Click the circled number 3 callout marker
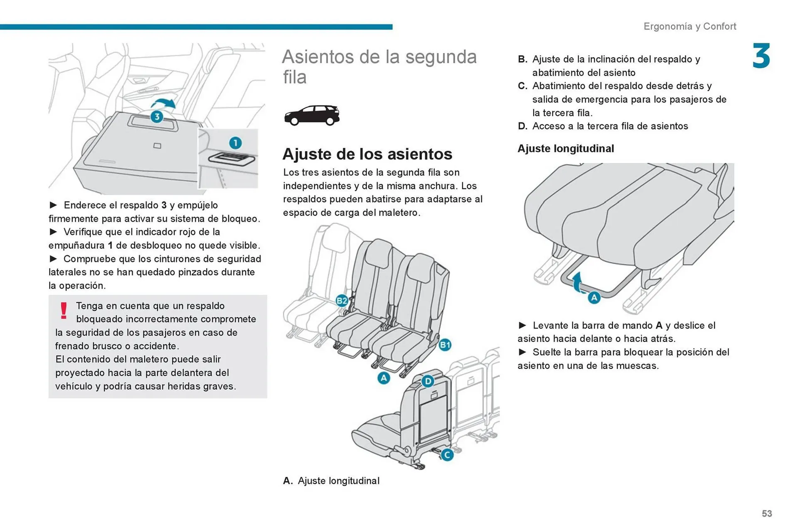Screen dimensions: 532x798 [157, 117]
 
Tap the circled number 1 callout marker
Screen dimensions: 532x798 [235, 143]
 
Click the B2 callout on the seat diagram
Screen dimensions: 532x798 [342, 301]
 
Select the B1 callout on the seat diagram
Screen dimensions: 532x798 [445, 345]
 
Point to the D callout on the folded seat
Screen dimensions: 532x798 [428, 381]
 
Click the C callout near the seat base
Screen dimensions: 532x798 [447, 455]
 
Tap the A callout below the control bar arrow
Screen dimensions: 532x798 [594, 297]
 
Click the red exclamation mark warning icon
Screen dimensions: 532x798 [64, 311]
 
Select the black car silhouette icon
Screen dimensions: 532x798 [312, 115]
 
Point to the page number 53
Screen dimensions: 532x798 [767, 514]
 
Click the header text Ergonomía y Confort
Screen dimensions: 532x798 [690, 27]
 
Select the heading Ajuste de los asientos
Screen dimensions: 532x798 [367, 154]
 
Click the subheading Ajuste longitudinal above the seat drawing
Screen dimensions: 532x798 [565, 149]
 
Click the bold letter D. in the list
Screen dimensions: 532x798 [522, 126]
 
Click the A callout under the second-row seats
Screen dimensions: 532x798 [384, 378]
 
